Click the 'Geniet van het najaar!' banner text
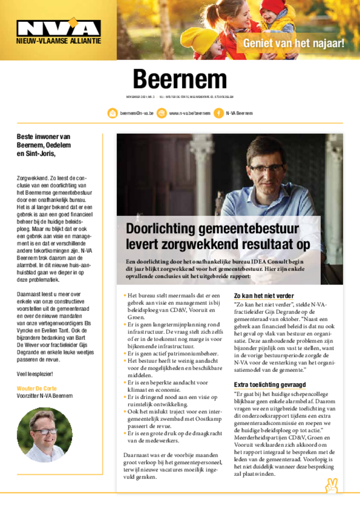tap(293, 43)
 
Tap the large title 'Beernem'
tap(180, 79)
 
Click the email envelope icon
tap(113, 113)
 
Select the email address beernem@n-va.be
tap(137, 113)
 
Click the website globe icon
tap(162, 113)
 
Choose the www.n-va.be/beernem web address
tap(189, 113)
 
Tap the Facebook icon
tap(218, 113)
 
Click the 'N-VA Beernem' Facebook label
tap(239, 113)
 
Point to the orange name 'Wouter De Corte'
tap(36, 388)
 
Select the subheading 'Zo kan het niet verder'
tap(264, 296)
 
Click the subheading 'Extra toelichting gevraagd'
tap(270, 385)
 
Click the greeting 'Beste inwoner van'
tap(43, 137)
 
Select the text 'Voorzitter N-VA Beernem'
tap(45, 396)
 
